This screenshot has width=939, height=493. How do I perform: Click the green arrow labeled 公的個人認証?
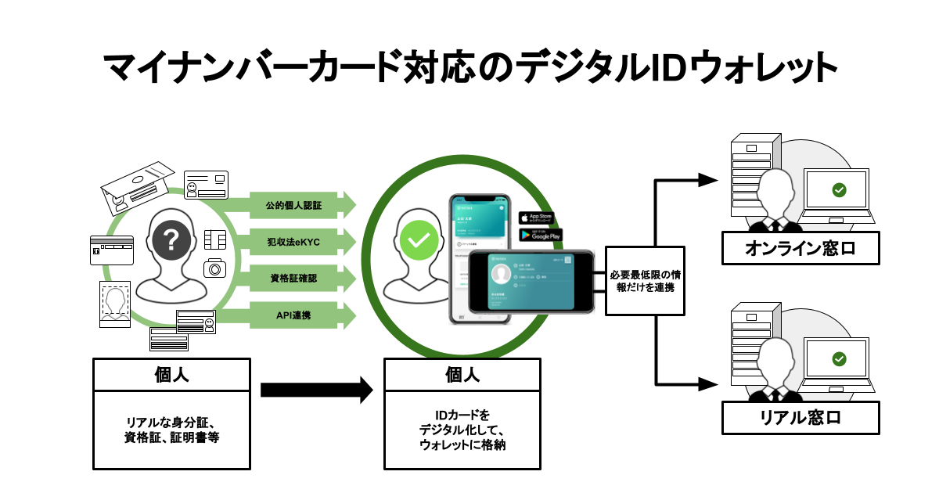point(293,206)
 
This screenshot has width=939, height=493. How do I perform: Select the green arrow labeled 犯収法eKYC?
point(293,243)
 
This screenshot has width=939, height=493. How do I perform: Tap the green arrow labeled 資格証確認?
point(293,279)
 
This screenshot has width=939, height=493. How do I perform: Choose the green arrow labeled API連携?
point(293,315)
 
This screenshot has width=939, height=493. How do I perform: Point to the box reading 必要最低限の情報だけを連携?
point(646,281)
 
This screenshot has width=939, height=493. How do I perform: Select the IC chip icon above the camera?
point(213,238)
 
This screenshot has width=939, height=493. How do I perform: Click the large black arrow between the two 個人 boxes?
point(316,389)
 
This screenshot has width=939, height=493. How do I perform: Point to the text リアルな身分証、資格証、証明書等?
point(171,429)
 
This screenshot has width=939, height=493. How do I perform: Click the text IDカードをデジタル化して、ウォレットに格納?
point(461,429)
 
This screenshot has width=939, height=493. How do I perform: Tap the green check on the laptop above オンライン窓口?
point(839,189)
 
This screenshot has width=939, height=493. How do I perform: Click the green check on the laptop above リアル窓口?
point(839,358)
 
